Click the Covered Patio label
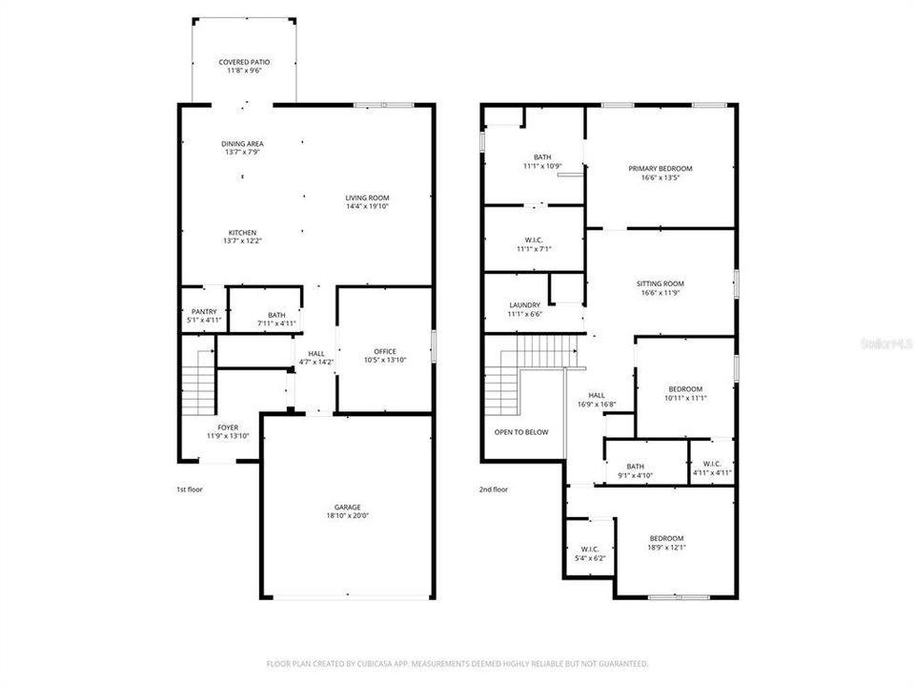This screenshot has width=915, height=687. (243, 62)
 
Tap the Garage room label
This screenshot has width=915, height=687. (347, 507)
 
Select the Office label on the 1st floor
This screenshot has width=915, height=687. (385, 351)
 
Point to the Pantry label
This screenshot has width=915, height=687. (204, 311)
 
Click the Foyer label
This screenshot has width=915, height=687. (228, 427)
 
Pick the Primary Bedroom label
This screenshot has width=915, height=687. (660, 169)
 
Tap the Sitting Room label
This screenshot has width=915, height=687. (660, 283)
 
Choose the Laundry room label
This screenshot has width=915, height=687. (524, 305)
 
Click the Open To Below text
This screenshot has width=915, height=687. (520, 432)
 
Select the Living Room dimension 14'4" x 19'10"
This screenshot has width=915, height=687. (367, 206)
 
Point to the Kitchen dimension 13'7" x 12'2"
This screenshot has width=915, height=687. (242, 241)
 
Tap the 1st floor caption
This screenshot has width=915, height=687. (189, 489)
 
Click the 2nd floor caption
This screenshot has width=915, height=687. (493, 489)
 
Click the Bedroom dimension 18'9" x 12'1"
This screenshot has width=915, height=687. (666, 548)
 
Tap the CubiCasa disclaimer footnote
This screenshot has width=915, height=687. (457, 663)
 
